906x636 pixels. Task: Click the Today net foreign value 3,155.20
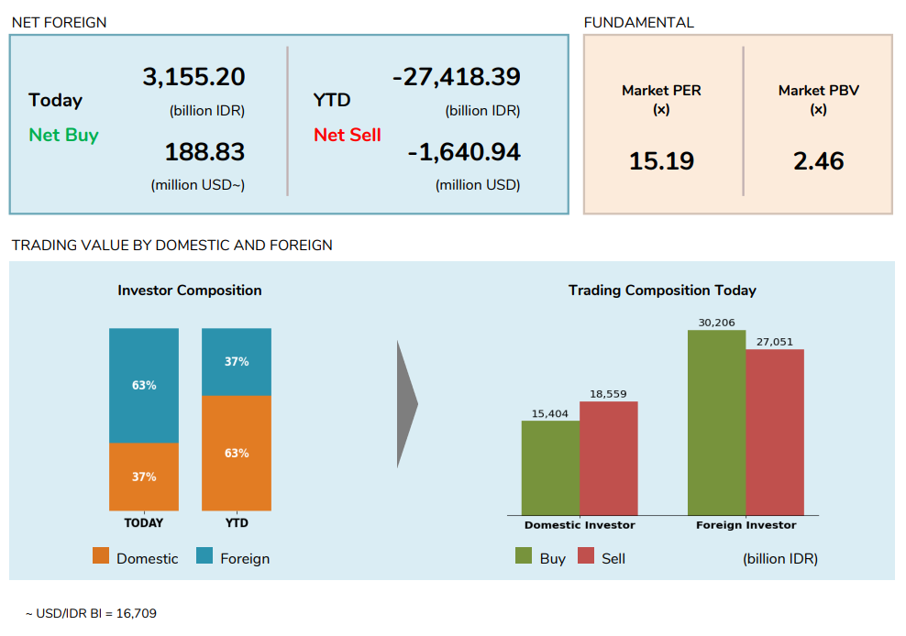pos(193,77)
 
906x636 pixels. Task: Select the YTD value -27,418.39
pos(456,77)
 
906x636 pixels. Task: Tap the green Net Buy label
pos(63,136)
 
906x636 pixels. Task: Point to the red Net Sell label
pos(347,136)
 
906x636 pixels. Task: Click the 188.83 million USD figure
pos(204,152)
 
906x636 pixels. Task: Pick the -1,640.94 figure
pos(463,152)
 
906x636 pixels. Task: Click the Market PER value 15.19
pos(661,161)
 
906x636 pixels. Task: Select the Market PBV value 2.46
pos(818,161)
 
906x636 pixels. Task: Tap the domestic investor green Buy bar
pos(550,467)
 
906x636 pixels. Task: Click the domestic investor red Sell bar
pos(608,458)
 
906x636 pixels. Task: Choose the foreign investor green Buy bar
pos(716,422)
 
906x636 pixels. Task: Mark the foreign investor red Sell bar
pos(774,432)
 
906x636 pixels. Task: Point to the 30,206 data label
pos(716,323)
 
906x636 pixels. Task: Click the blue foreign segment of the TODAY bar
pos(144,385)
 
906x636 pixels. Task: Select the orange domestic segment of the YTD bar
pos(237,453)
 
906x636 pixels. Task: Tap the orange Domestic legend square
pos(101,556)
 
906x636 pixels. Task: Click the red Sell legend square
pos(586,556)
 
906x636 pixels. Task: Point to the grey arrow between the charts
pos(406,403)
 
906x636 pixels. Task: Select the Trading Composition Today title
pos(662,291)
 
